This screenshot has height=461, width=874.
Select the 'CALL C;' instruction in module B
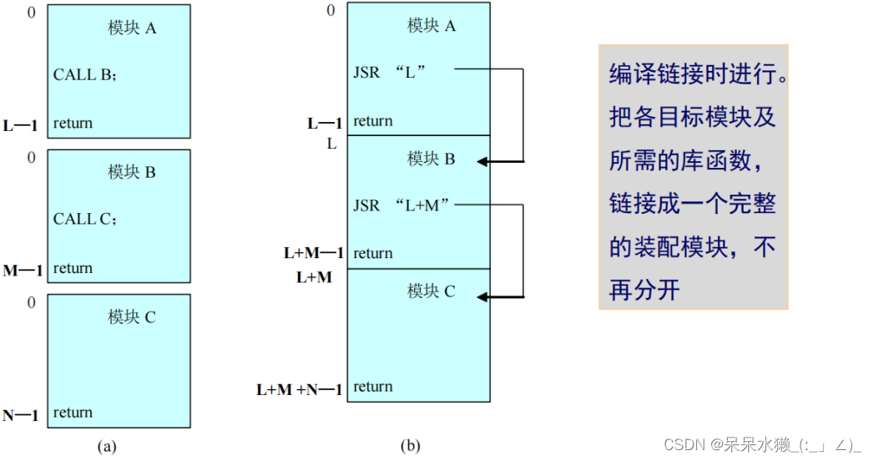click(x=85, y=219)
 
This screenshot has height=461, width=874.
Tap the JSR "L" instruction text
click(x=390, y=72)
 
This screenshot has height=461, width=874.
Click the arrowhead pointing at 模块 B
click(x=482, y=161)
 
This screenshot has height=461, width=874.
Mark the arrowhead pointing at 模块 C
click(x=482, y=296)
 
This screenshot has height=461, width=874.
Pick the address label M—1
click(x=23, y=271)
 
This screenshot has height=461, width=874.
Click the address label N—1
click(x=22, y=415)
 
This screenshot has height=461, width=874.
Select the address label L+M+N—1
click(x=300, y=390)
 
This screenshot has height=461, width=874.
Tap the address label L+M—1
click(x=314, y=253)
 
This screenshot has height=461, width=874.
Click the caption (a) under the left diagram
click(x=107, y=446)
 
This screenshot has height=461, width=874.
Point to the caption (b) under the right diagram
click(x=410, y=445)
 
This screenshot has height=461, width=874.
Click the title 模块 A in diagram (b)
click(x=432, y=26)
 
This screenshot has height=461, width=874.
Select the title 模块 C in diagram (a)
click(x=132, y=317)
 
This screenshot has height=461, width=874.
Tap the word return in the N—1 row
click(x=73, y=413)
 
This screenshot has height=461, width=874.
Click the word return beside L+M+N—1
click(x=372, y=387)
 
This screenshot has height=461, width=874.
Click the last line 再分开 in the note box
click(x=644, y=290)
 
